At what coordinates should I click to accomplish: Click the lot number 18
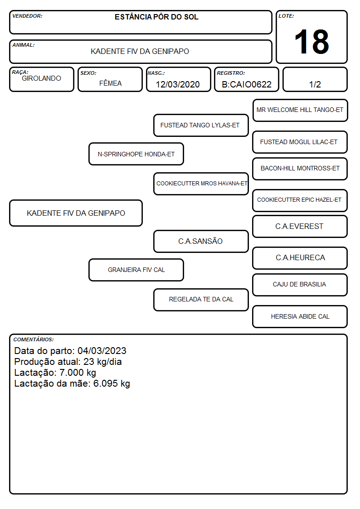pyautogui.click(x=311, y=42)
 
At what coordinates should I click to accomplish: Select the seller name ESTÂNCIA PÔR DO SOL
pyautogui.click(x=156, y=17)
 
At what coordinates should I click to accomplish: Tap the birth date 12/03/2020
pyautogui.click(x=178, y=84)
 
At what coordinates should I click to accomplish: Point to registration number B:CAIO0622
pyautogui.click(x=247, y=84)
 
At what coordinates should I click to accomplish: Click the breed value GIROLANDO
pyautogui.click(x=42, y=78)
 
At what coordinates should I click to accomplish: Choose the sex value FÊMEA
pyautogui.click(x=110, y=83)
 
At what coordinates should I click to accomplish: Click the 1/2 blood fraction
pyautogui.click(x=315, y=84)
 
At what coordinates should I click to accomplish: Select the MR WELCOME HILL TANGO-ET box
pyautogui.click(x=300, y=111)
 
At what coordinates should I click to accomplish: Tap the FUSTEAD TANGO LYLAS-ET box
pyautogui.click(x=201, y=125)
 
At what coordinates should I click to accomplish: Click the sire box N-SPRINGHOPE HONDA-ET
pyautogui.click(x=136, y=154)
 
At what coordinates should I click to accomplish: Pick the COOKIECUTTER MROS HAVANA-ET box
pyautogui.click(x=201, y=184)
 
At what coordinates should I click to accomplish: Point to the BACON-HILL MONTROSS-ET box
pyautogui.click(x=300, y=169)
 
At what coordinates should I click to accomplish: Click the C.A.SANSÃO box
pyautogui.click(x=201, y=241)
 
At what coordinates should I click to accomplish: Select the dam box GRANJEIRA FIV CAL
pyautogui.click(x=136, y=270)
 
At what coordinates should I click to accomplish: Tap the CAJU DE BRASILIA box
pyautogui.click(x=300, y=285)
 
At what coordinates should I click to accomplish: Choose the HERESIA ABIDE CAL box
pyautogui.click(x=300, y=316)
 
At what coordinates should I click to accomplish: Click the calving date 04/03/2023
pyautogui.click(x=102, y=351)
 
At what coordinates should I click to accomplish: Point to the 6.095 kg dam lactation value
pyautogui.click(x=112, y=384)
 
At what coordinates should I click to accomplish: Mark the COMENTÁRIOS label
pyautogui.click(x=34, y=339)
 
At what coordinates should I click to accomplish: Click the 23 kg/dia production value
pyautogui.click(x=102, y=362)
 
